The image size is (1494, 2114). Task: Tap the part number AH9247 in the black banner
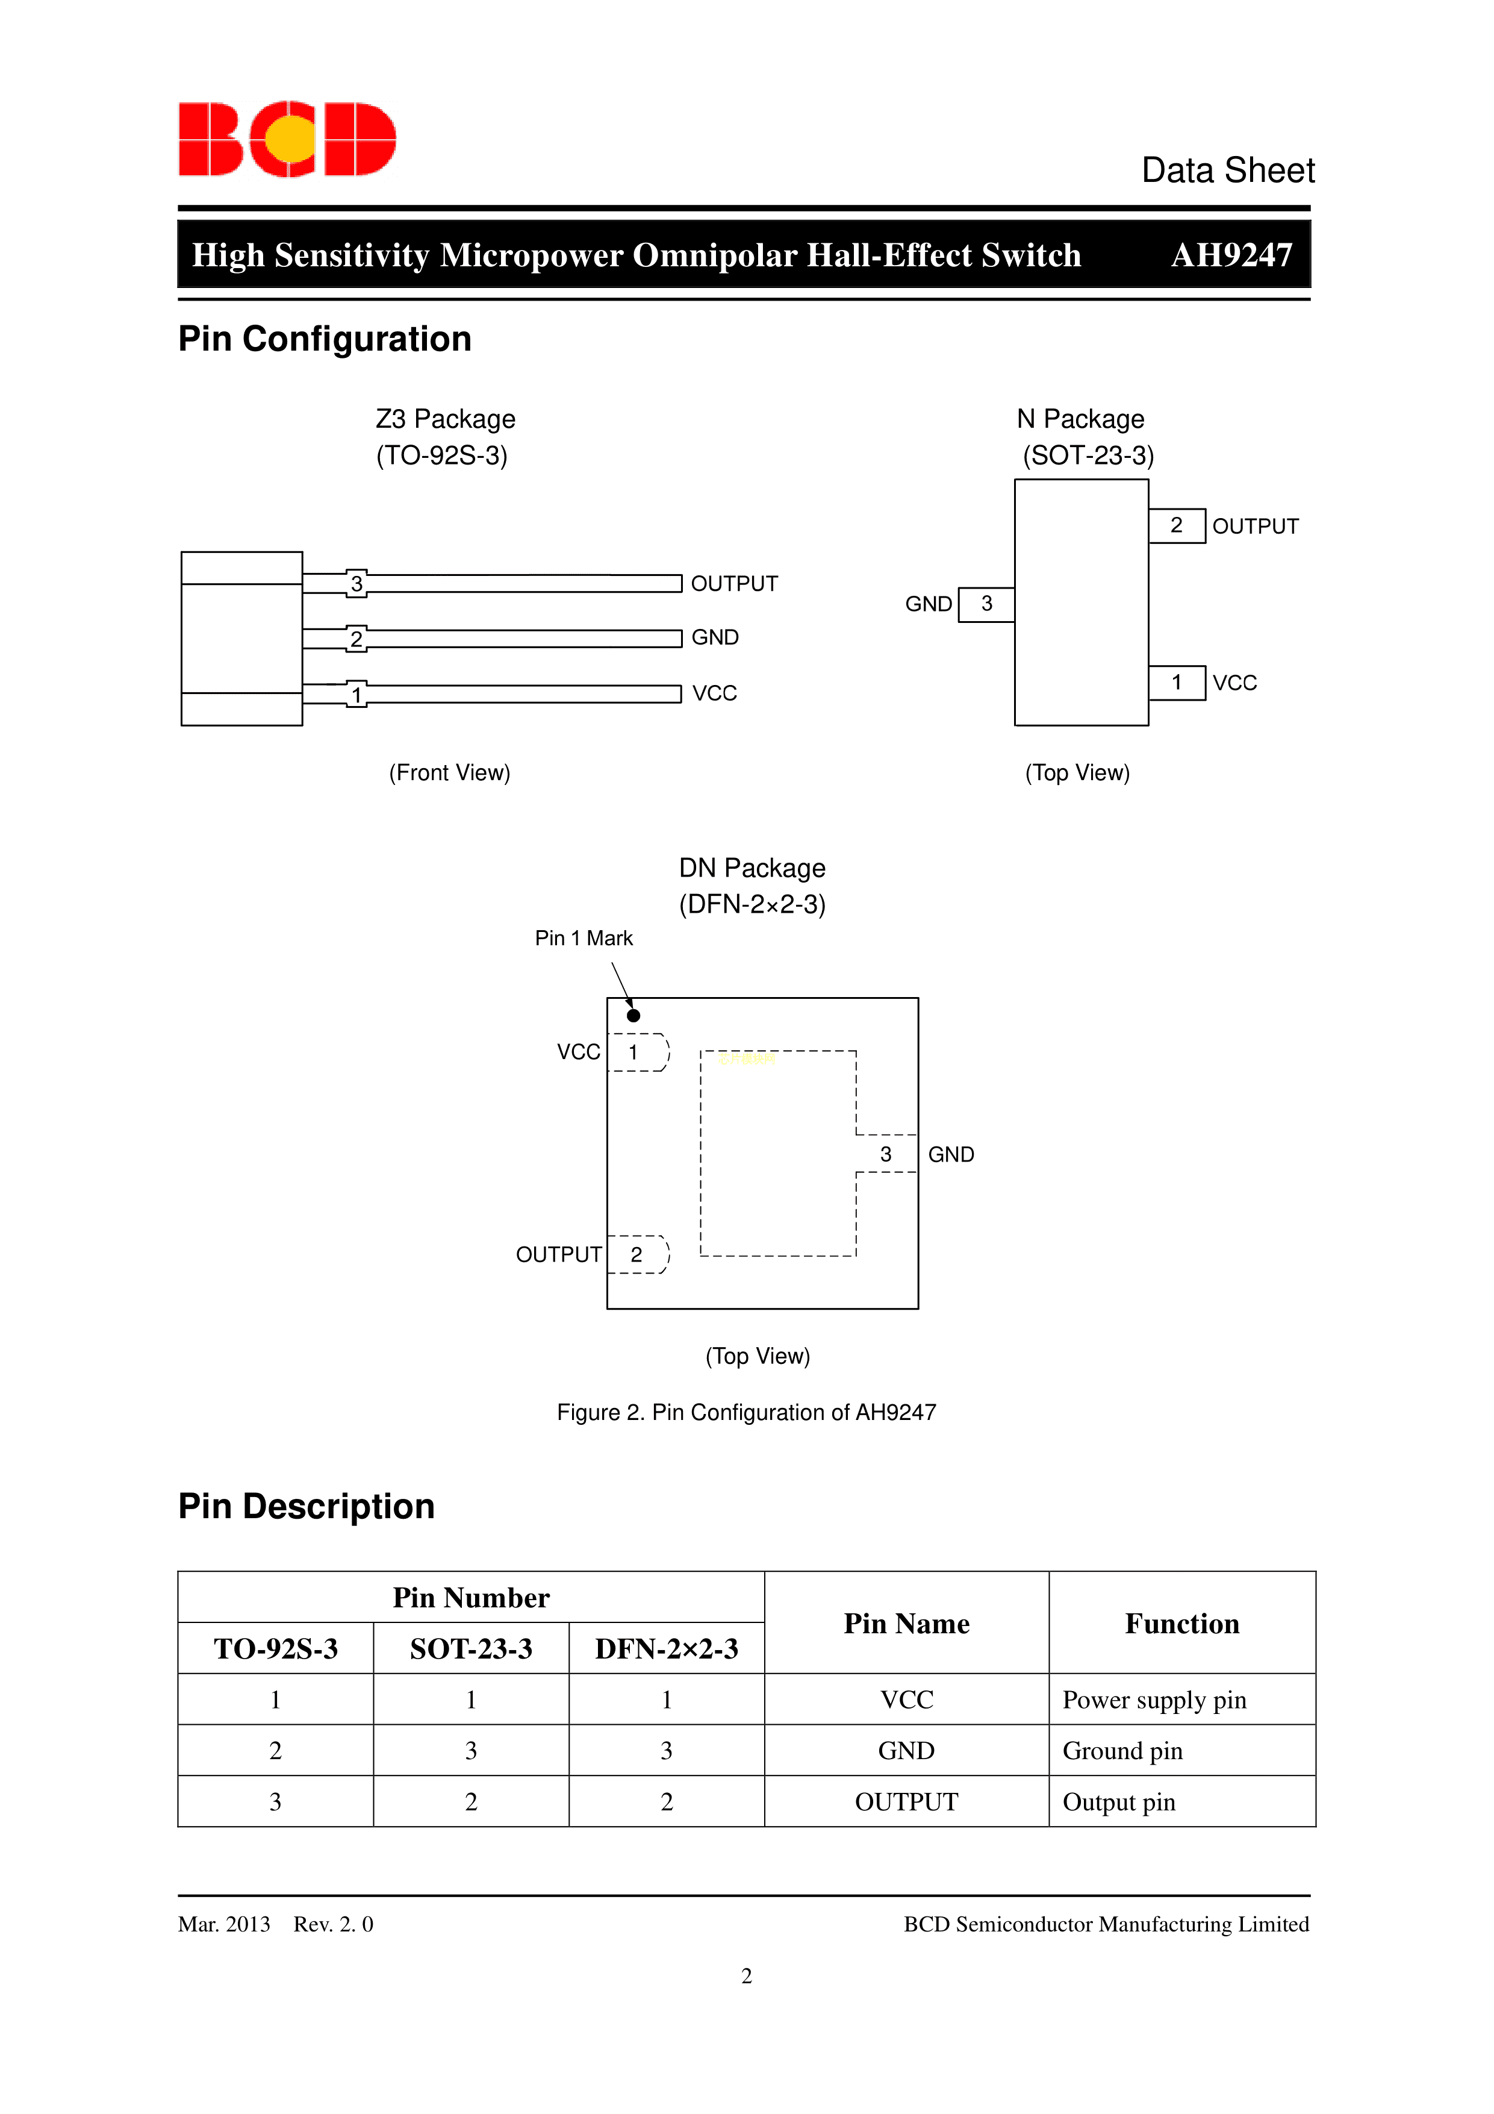coord(1231,255)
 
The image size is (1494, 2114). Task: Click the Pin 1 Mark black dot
coord(633,1016)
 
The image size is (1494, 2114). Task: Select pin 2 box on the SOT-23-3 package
coord(1177,526)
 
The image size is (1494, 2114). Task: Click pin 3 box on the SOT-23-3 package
coord(986,604)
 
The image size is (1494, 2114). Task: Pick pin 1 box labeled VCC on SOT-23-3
coord(1177,682)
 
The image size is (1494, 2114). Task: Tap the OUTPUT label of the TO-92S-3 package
coord(733,584)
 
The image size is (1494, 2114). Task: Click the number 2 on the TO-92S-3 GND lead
coord(356,639)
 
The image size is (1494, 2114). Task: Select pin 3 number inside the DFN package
coord(886,1155)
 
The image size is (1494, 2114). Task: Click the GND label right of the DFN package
coord(950,1155)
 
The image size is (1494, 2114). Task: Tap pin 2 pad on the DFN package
coord(637,1255)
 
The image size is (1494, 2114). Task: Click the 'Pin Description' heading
coord(306,1506)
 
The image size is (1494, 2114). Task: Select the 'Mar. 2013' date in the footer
coord(223,1924)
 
